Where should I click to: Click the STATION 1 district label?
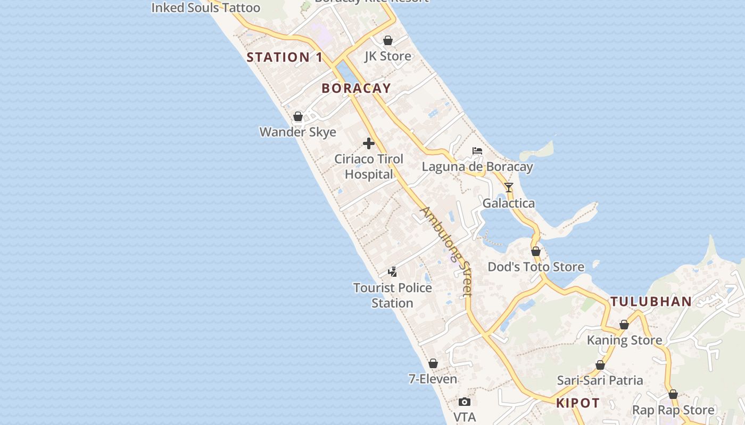285,57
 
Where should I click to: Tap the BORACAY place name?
356,89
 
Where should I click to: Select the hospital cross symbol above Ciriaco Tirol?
369,143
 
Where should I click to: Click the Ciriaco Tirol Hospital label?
369,166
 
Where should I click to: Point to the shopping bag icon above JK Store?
388,40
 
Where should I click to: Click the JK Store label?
388,56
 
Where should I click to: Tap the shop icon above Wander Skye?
298,116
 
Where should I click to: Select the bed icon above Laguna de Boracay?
477,151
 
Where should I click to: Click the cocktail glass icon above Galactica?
509,188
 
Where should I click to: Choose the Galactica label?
509,203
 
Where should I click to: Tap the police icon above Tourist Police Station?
392,272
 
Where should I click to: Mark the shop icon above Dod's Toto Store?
536,251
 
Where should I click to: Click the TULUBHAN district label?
651,302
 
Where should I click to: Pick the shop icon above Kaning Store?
624,325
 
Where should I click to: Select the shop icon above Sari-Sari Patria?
600,365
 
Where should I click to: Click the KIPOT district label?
578,403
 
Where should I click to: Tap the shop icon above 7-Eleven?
433,363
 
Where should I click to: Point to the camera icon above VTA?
465,402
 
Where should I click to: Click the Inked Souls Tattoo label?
206,7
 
